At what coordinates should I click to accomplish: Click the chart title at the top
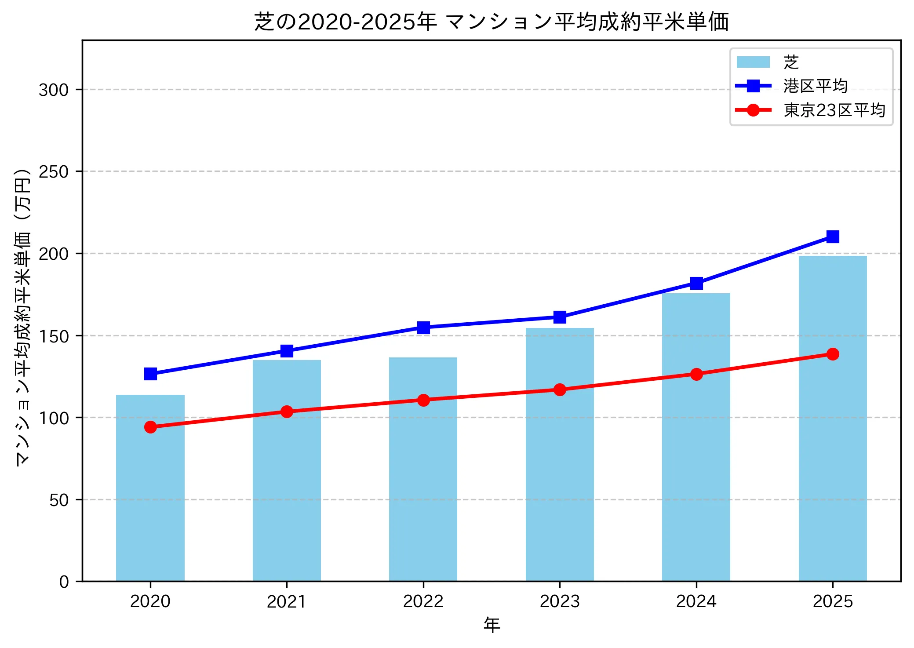point(492,22)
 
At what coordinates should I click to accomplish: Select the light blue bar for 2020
point(150,488)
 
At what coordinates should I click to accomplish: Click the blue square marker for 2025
point(833,237)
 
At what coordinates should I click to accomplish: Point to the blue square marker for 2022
point(423,328)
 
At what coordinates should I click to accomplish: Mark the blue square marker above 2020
point(150,374)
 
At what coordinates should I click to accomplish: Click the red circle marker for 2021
point(287,411)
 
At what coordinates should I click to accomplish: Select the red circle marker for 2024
point(696,374)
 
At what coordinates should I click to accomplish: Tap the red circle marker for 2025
point(833,354)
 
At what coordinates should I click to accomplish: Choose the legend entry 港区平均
point(815,86)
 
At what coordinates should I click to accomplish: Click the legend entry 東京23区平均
point(834,110)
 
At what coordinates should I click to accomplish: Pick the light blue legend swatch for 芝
point(753,62)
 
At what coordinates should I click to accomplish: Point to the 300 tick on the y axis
point(54,90)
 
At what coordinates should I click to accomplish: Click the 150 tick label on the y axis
point(54,336)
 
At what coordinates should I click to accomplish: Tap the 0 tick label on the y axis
point(64,582)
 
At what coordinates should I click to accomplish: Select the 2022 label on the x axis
point(423,601)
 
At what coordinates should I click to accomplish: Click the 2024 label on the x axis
point(696,601)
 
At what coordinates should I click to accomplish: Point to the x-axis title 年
point(492,625)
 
